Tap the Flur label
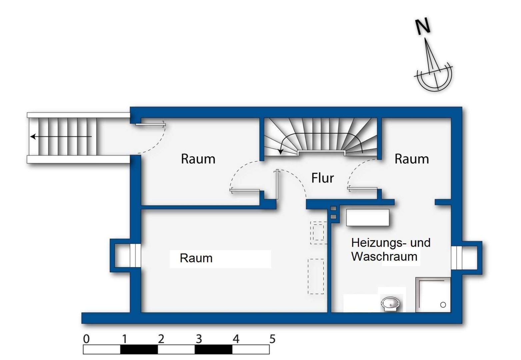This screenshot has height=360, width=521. (322, 178)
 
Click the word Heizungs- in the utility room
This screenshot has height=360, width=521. (379, 243)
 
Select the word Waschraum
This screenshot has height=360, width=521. (384, 257)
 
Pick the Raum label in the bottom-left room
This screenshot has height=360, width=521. (196, 258)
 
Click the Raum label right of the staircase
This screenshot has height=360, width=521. (412, 159)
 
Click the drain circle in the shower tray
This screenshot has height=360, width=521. (443, 305)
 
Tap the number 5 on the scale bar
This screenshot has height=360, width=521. (272, 339)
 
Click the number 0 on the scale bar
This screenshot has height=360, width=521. (86, 339)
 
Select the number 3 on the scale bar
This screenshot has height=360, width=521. (199, 339)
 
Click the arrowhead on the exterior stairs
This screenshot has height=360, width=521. (33, 137)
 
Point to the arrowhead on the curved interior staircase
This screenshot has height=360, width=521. (281, 152)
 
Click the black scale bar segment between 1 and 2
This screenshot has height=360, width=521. (139, 350)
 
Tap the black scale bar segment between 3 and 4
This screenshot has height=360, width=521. (214, 350)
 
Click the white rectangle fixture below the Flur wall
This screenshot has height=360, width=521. (368, 217)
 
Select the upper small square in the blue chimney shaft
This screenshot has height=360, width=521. (333, 208)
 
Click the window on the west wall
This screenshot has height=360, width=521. (135, 256)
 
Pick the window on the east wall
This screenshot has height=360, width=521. (457, 258)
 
